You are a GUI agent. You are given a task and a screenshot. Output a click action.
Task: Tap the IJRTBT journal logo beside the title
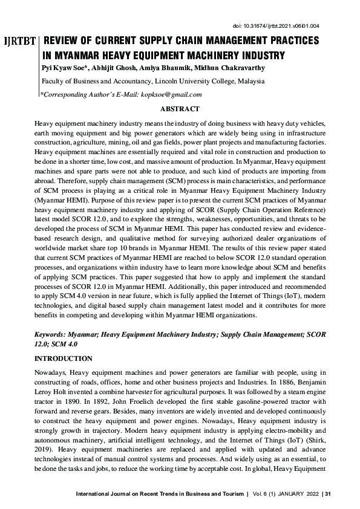pyautogui.click(x=19, y=43)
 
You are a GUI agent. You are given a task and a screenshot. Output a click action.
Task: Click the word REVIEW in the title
pyautogui.click(x=64, y=41)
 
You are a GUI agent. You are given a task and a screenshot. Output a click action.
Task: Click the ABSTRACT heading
pyautogui.click(x=179, y=109)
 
